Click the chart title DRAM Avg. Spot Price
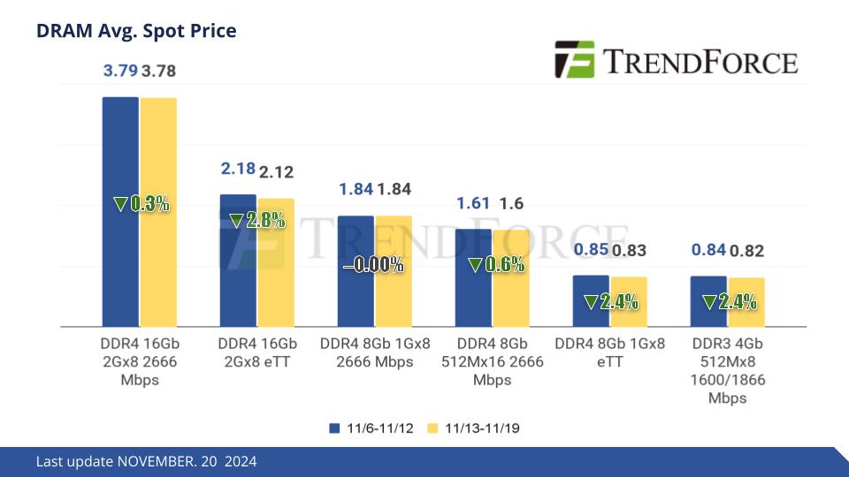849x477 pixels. pyautogui.click(x=136, y=31)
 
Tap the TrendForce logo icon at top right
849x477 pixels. pyautogui.click(x=573, y=59)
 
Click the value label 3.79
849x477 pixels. pyautogui.click(x=119, y=71)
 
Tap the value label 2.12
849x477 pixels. pyautogui.click(x=276, y=171)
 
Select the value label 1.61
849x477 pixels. pyautogui.click(x=473, y=204)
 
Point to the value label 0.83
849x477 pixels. pyautogui.click(x=629, y=251)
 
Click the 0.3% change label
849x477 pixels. pyautogui.click(x=141, y=204)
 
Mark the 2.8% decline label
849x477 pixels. pyautogui.click(x=257, y=221)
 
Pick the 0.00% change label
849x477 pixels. pyautogui.click(x=373, y=264)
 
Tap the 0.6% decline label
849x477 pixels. pyautogui.click(x=496, y=264)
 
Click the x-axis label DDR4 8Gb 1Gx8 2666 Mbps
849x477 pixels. pyautogui.click(x=375, y=352)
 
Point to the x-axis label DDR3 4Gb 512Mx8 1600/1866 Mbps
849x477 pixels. pyautogui.click(x=728, y=370)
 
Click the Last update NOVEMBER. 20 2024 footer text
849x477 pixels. pyautogui.click(x=147, y=462)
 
